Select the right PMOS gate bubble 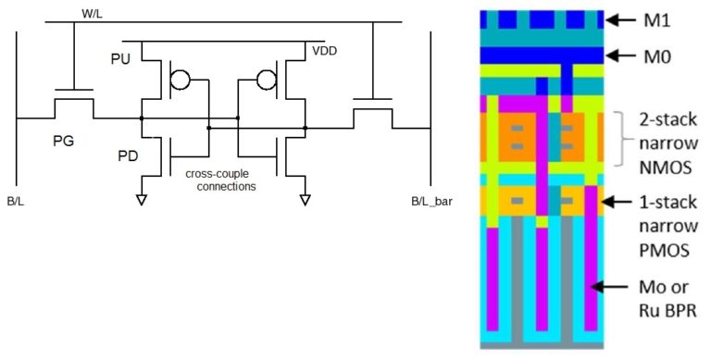click(x=267, y=80)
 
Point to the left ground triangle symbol click(x=141, y=198)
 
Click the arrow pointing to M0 click(x=622, y=56)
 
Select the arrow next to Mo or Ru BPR click(x=614, y=288)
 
